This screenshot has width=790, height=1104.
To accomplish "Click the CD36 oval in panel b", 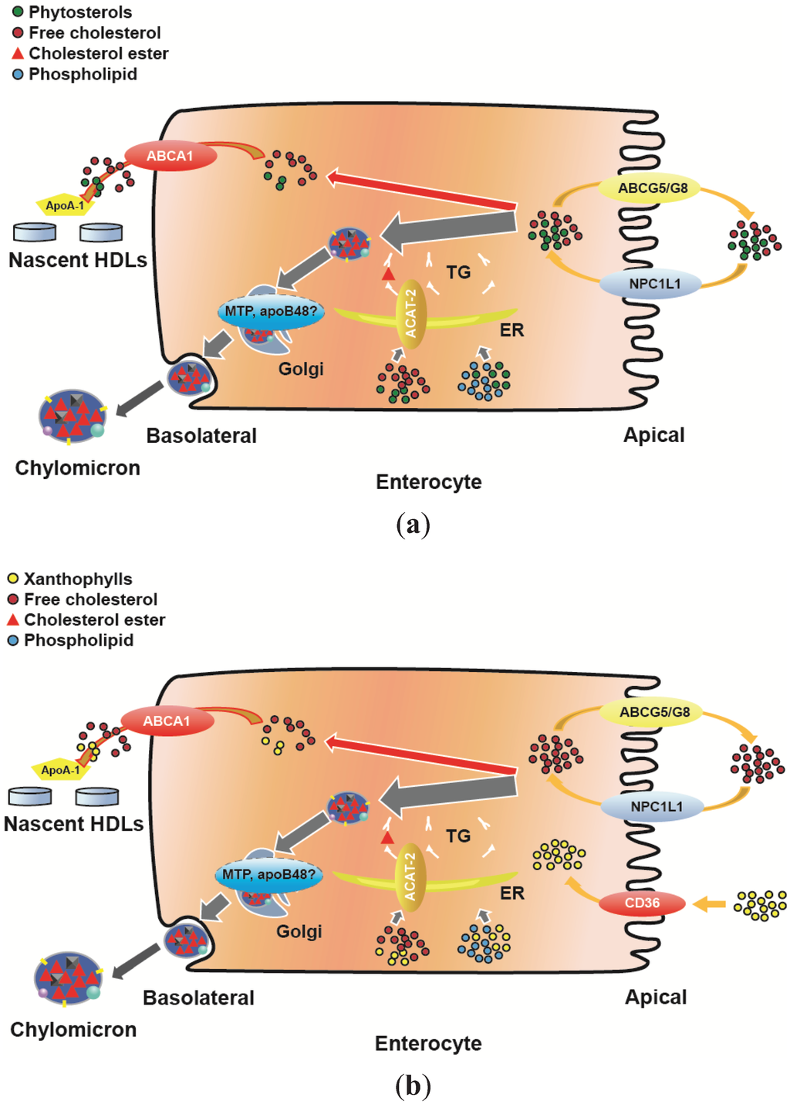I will [642, 903].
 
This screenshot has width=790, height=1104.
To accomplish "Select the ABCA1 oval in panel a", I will [170, 156].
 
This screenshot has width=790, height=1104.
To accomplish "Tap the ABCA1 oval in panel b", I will [167, 721].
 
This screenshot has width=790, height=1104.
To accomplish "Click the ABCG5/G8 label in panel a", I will [653, 188].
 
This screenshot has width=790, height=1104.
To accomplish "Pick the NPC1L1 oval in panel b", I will [656, 807].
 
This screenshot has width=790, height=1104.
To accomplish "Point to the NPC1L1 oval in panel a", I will [654, 284].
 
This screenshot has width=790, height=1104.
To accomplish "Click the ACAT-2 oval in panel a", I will [411, 315].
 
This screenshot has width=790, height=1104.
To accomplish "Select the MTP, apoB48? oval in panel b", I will [268, 875].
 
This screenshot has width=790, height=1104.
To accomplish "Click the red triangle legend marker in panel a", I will [18, 54].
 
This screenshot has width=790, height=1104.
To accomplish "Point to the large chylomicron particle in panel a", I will [73, 416].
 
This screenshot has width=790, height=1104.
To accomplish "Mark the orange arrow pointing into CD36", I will [709, 903].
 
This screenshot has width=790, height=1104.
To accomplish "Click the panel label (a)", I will [412, 525].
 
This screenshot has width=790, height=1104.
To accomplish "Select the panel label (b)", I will [412, 1086].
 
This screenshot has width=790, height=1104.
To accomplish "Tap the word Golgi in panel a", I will [301, 369].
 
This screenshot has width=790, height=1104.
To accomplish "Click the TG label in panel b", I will [458, 836].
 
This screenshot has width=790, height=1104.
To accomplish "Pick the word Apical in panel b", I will [655, 998].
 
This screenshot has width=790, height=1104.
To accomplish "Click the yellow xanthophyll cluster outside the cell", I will [761, 905].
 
